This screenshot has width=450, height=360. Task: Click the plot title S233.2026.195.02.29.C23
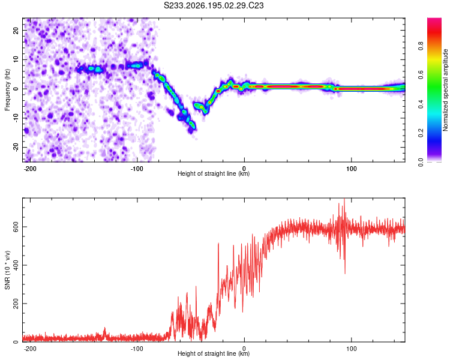214,5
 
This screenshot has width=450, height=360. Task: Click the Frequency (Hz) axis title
7,90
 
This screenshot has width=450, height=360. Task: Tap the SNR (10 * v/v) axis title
7,270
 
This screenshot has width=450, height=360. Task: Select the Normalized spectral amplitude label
445,90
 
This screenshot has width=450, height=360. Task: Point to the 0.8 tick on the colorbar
421,46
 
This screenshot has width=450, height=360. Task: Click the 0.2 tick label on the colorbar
421,133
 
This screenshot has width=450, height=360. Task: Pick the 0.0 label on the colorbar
421,162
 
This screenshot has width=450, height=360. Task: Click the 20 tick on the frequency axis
16,30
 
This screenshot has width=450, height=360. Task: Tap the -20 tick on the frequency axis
16,147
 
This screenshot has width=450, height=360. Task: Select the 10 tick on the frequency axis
16,59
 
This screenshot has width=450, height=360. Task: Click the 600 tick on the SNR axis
16,227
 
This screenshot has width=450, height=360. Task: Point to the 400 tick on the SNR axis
16,265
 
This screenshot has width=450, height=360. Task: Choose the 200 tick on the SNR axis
16,304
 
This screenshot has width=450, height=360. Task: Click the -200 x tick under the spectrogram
29,169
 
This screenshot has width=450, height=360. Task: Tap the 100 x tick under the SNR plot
351,349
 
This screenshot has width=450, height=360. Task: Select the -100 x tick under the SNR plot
137,349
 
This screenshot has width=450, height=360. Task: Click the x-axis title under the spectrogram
214,173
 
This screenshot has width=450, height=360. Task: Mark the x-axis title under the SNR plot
214,353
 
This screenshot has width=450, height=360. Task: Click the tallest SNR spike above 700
344,199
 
